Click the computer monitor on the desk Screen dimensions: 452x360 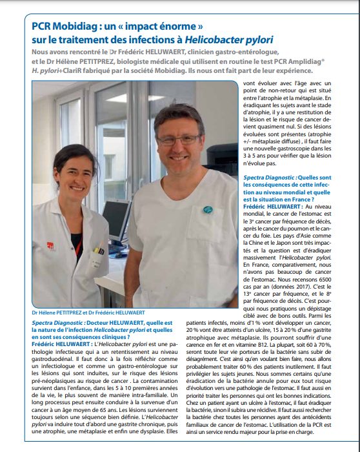[x=118, y=220]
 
